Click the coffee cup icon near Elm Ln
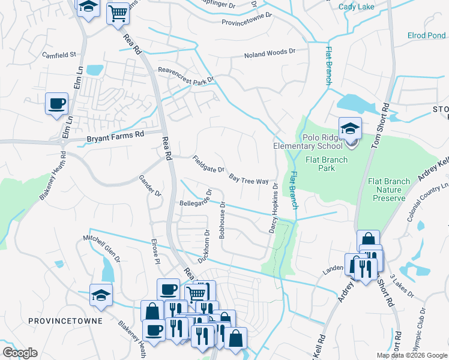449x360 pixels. point(57,104)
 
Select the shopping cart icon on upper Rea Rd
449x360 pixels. point(118,13)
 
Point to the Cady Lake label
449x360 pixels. point(356,7)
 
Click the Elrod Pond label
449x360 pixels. point(426,36)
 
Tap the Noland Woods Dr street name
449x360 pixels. point(270,55)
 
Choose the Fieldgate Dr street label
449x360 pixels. point(208,165)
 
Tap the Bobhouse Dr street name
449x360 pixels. point(222,220)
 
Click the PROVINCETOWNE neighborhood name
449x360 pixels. point(65,321)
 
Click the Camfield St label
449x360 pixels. point(59,55)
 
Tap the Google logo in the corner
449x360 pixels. point(20,353)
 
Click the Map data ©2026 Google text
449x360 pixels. point(411,355)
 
